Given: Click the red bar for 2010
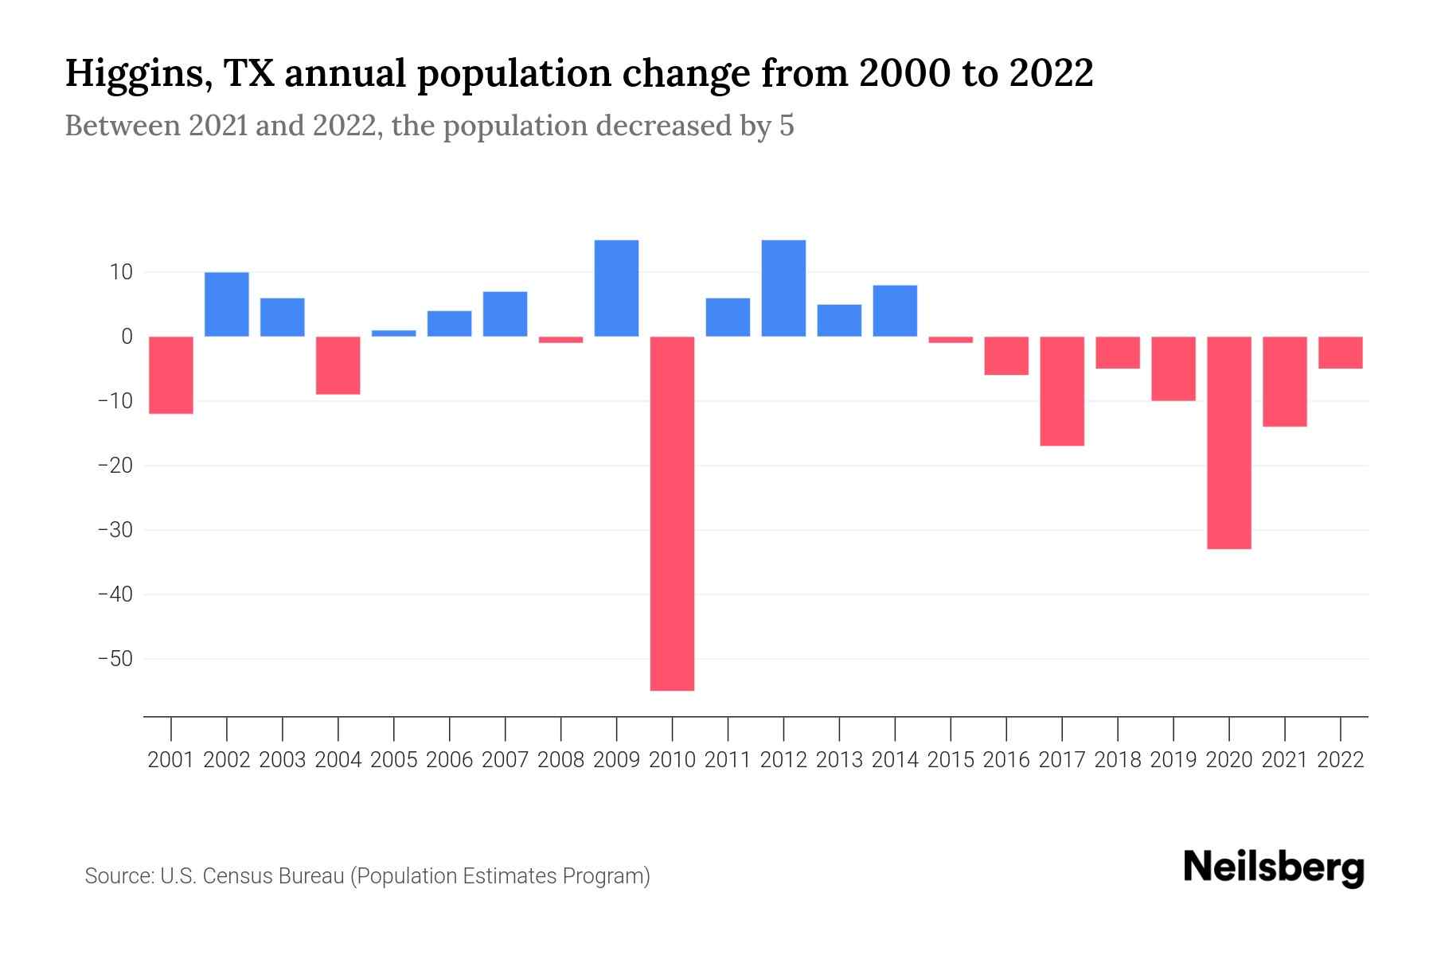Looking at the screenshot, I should [x=672, y=513].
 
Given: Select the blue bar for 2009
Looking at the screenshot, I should [x=616, y=288].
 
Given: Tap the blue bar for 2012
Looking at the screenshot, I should [x=783, y=288].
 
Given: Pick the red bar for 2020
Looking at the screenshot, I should [x=1228, y=442].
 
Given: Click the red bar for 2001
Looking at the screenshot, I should [x=171, y=375].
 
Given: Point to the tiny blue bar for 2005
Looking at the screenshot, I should [x=394, y=333].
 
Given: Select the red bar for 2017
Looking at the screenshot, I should [x=1062, y=391].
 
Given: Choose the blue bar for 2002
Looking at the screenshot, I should [x=227, y=304].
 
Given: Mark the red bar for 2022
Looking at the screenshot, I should [x=1340, y=353].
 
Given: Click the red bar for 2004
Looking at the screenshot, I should [x=338, y=365].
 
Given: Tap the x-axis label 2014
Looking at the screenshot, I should [x=895, y=760].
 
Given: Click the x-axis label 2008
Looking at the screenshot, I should [x=560, y=760].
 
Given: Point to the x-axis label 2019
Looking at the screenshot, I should [x=1173, y=760].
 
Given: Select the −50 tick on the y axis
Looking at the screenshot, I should [x=115, y=659].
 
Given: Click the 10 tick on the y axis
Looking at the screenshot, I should [x=121, y=272].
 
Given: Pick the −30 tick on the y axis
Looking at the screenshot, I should [x=115, y=530].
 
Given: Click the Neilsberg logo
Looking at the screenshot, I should [x=1274, y=868].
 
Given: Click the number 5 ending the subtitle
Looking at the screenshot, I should [x=787, y=127].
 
